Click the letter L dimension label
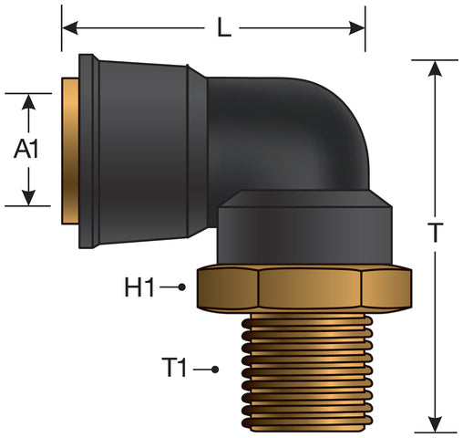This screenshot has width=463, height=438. (x=224, y=27)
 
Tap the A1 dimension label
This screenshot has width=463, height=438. (x=26, y=149)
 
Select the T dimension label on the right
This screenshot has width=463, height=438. (x=436, y=233)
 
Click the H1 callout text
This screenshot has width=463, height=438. (x=139, y=287)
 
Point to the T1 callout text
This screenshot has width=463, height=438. (x=174, y=367)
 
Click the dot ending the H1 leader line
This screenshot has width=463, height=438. (x=181, y=287)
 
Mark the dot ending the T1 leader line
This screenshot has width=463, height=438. (x=215, y=370)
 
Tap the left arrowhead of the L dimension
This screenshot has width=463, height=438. (x=70, y=28)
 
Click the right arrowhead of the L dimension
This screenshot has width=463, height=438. (x=356, y=28)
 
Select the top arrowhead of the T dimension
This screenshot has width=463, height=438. (x=436, y=68)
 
